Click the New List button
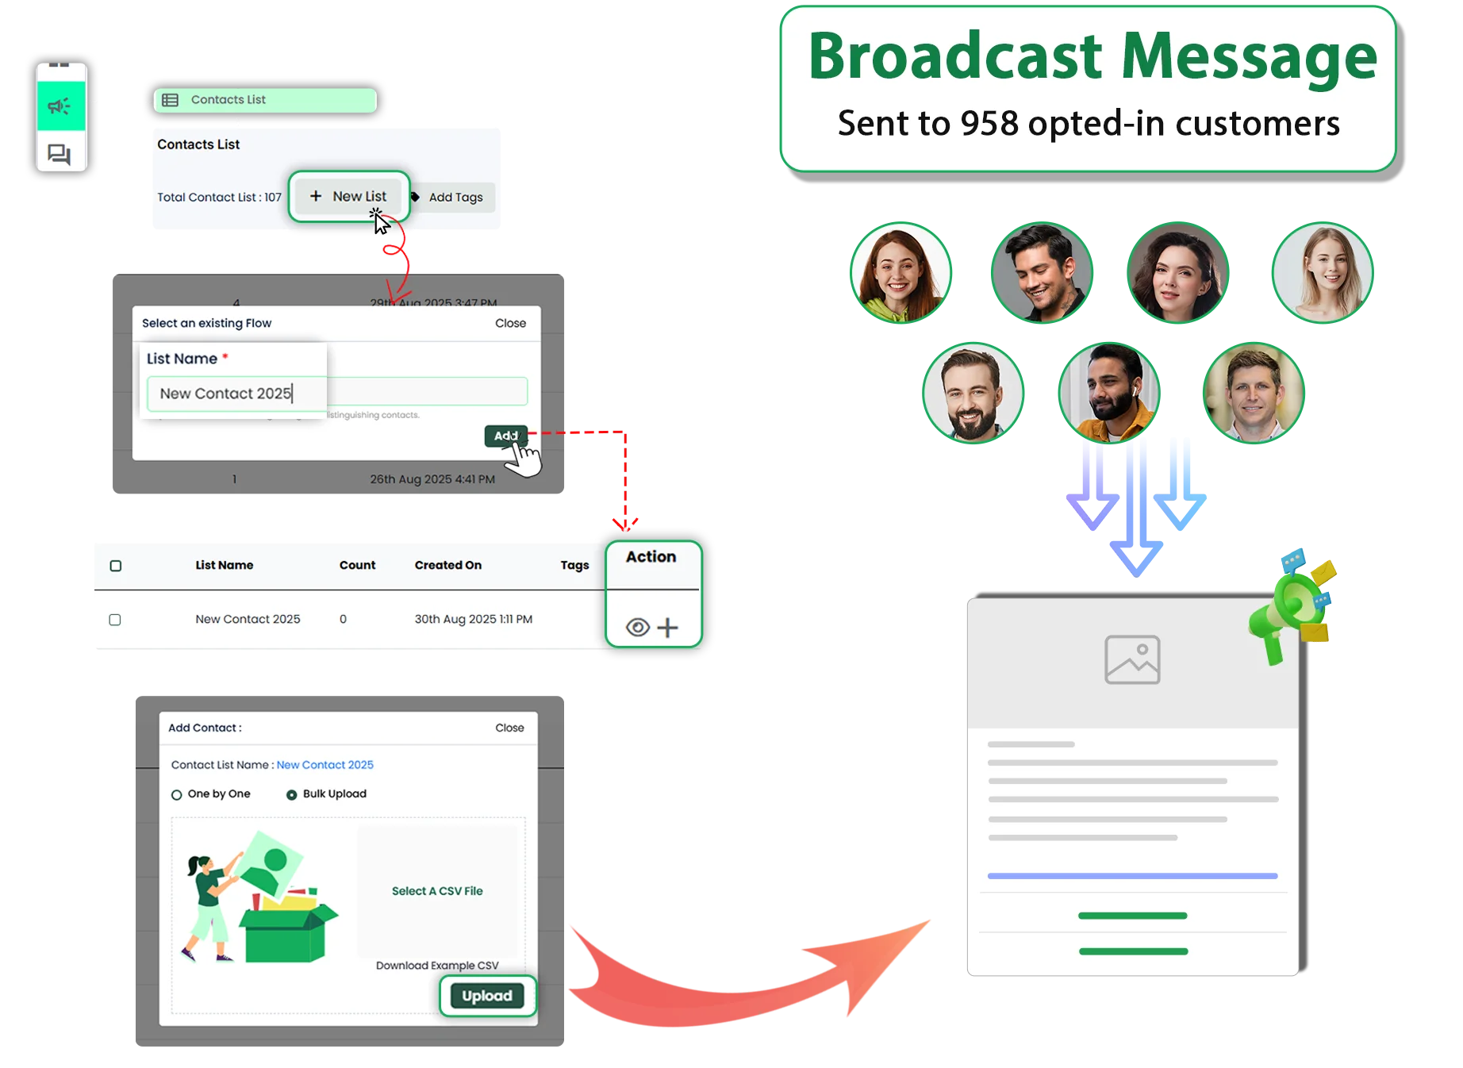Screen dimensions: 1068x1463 [x=348, y=196]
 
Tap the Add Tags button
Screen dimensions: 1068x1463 [x=455, y=198]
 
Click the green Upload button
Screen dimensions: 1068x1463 [x=487, y=996]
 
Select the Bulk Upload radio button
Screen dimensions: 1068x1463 [x=292, y=794]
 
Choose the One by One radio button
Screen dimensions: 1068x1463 [x=177, y=794]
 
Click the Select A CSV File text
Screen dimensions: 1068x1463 [x=437, y=891]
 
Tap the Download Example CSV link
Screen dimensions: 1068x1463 [x=437, y=965]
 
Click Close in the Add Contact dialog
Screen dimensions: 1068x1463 [x=509, y=728]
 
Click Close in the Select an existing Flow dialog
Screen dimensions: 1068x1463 [x=510, y=323]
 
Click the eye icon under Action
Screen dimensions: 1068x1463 [x=637, y=628]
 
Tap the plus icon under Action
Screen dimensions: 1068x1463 [x=668, y=628]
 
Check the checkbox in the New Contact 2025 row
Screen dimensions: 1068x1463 [x=115, y=620]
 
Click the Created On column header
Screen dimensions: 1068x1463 [x=447, y=565]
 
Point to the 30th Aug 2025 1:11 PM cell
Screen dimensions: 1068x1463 [x=473, y=619]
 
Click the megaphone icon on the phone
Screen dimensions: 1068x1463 [x=60, y=106]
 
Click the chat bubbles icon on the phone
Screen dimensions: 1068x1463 [x=60, y=153]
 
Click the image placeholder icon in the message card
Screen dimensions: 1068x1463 [x=1132, y=659]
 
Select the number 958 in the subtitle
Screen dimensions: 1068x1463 [x=989, y=124]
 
